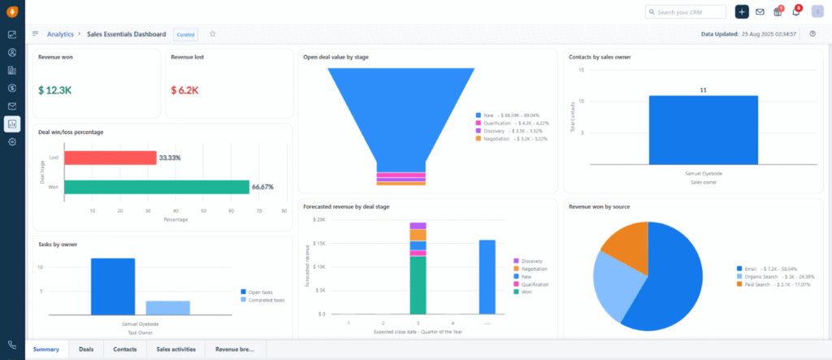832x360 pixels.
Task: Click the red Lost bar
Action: pos(110,158)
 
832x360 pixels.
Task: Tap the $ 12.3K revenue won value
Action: pos(56,90)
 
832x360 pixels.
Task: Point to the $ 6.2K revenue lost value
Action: pos(184,90)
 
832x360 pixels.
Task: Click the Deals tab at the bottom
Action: pos(85,349)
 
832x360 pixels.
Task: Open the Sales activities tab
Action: pos(175,349)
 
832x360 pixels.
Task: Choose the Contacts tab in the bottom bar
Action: pos(124,349)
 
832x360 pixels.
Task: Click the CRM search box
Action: pos(697,11)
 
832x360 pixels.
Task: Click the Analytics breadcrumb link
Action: pos(60,34)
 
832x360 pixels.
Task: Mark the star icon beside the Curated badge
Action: pos(213,34)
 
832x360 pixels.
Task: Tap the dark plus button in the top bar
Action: pos(741,11)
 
